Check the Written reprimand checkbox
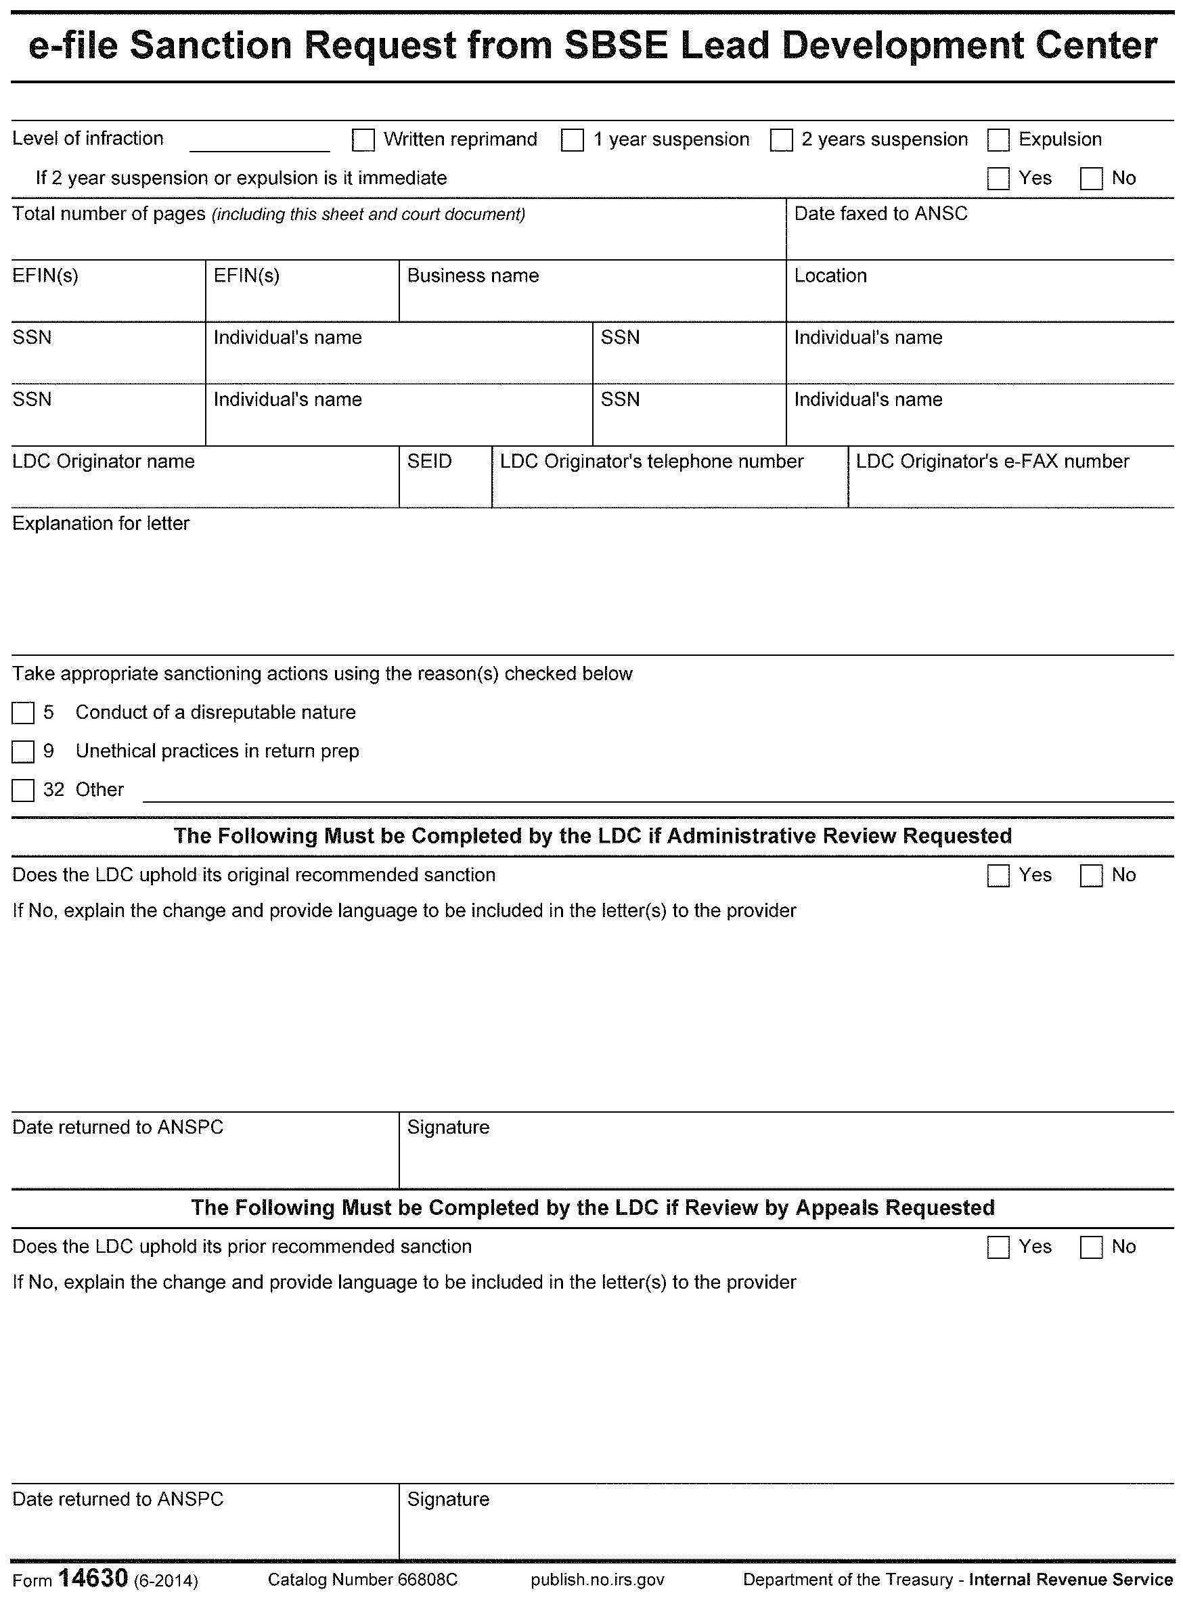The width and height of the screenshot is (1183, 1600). click(363, 139)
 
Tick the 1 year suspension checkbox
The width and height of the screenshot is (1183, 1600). click(572, 139)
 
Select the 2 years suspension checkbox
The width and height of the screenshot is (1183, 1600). click(781, 139)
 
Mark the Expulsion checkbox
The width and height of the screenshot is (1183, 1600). click(998, 139)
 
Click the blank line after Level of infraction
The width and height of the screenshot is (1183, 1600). click(259, 143)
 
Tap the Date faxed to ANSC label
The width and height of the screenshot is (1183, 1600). click(880, 213)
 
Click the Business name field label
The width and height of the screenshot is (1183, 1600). click(472, 275)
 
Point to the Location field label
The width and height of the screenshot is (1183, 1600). click(830, 275)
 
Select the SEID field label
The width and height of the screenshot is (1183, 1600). click(429, 461)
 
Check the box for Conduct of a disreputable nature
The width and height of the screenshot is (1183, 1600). click(23, 713)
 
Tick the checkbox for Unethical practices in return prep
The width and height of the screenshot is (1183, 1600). click(23, 751)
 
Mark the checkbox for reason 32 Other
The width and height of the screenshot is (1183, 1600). click(23, 790)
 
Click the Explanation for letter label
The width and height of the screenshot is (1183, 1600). click(101, 524)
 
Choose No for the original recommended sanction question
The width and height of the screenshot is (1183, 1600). click(1091, 875)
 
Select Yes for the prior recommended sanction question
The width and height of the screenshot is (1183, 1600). click(998, 1247)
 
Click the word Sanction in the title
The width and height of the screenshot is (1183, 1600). click(211, 45)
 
